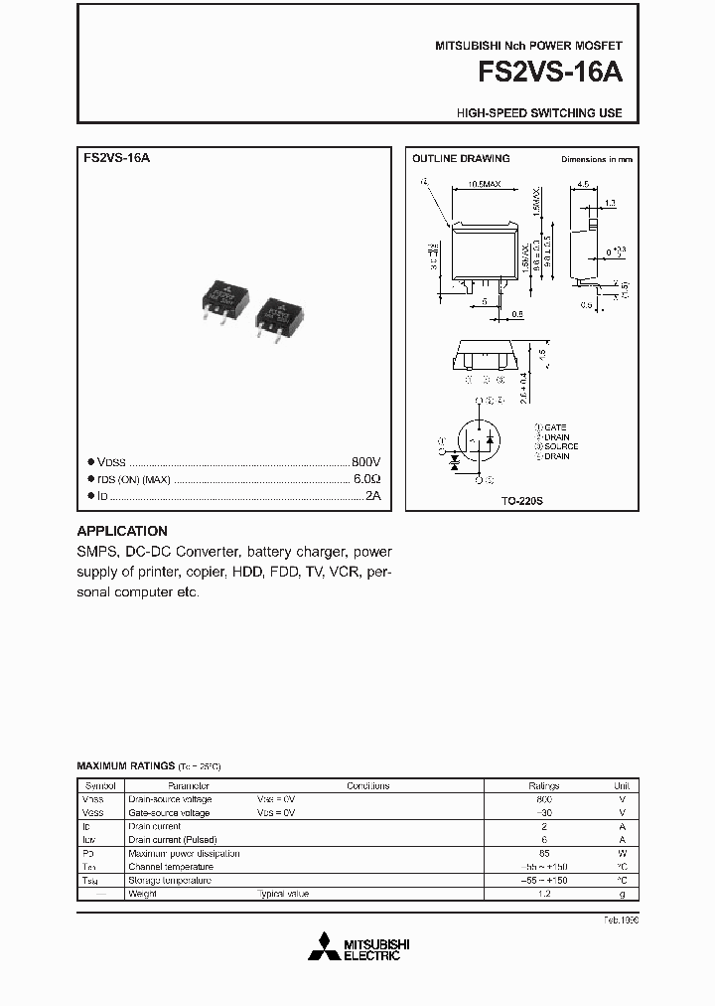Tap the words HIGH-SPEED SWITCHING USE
[539, 113]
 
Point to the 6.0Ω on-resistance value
[367, 479]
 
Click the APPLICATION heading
[122, 531]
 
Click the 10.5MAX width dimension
[482, 184]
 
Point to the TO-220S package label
[522, 501]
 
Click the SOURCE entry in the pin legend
[559, 446]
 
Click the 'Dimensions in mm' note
[596, 159]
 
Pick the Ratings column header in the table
[543, 785]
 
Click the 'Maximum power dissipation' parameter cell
[184, 853]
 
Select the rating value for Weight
[543, 894]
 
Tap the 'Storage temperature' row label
[170, 881]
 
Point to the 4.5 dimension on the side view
[583, 184]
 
